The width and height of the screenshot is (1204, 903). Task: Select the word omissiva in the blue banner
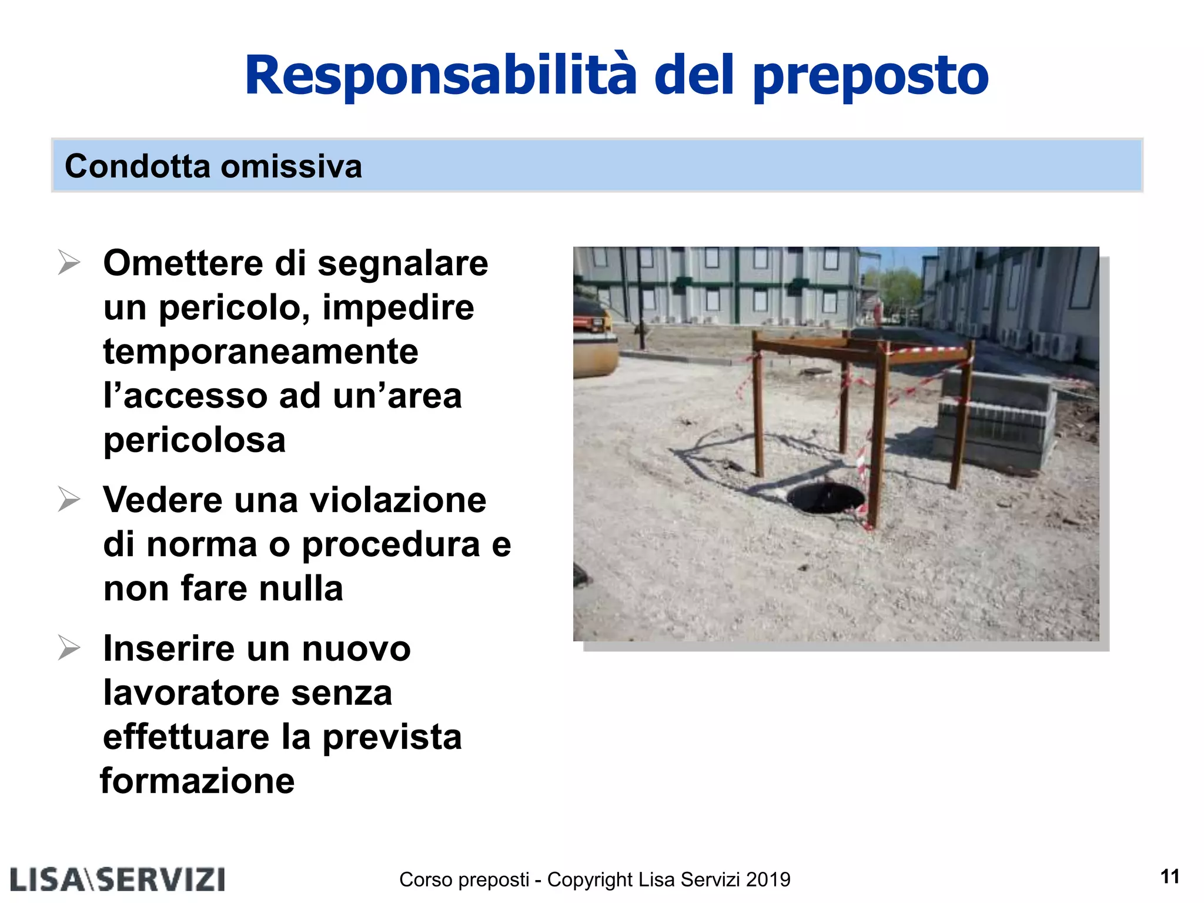[x=292, y=166]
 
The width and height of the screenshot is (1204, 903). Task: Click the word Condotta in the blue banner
[x=138, y=166]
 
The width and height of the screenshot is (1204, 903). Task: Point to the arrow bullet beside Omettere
[x=69, y=262]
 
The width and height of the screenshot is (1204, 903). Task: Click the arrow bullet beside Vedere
[x=69, y=500]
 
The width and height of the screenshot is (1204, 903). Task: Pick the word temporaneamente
[x=260, y=352]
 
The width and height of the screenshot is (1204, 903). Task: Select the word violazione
[x=398, y=500]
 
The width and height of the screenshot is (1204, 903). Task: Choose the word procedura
[x=391, y=546]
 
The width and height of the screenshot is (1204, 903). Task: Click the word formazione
[x=198, y=781]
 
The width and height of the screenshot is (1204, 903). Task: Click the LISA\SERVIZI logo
[x=118, y=879]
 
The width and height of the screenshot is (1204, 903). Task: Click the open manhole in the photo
[x=825, y=497]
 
